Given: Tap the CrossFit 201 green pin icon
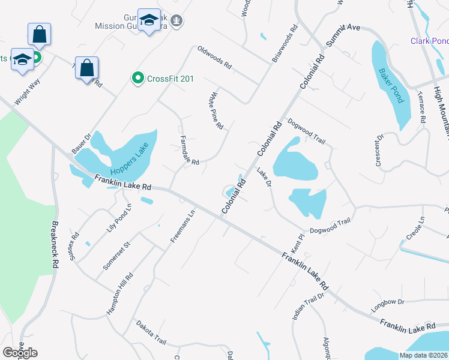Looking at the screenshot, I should coord(137,78).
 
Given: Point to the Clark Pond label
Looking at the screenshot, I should coord(429,41).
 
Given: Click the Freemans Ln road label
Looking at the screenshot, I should coord(183,226).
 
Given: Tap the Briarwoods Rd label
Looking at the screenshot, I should coord(285,44).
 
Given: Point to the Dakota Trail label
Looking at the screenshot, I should coord(150,332).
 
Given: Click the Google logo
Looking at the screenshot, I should coord(20,352).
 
